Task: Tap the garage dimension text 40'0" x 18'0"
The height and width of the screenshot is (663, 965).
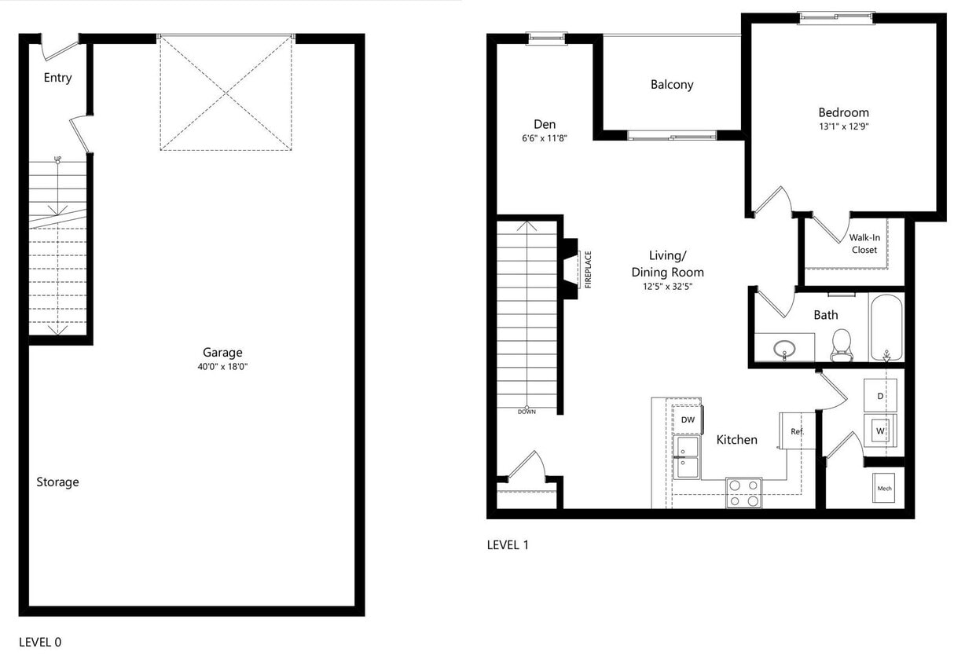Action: (223, 367)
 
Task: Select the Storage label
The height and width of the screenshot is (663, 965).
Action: (57, 482)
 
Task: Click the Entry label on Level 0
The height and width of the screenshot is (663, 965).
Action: (57, 78)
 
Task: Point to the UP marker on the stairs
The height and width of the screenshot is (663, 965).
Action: (57, 159)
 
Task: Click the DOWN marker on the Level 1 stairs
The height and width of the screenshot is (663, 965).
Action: (527, 411)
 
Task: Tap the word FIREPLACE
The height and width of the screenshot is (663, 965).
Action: (588, 269)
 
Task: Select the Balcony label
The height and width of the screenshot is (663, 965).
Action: (672, 85)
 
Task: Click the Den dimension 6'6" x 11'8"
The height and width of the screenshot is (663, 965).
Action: (545, 137)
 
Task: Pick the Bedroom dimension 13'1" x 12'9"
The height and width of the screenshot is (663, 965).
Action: (843, 126)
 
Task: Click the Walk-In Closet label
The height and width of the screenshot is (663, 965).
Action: (864, 244)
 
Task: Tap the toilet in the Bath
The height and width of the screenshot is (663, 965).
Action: (841, 344)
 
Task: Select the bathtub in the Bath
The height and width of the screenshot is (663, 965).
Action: (886, 327)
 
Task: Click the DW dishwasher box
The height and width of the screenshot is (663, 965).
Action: (688, 420)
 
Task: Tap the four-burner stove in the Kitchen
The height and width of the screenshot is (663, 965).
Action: (743, 493)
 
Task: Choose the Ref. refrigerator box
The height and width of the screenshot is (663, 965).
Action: (796, 431)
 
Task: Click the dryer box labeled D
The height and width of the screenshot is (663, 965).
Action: (880, 396)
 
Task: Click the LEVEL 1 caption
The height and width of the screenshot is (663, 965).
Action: (508, 544)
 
